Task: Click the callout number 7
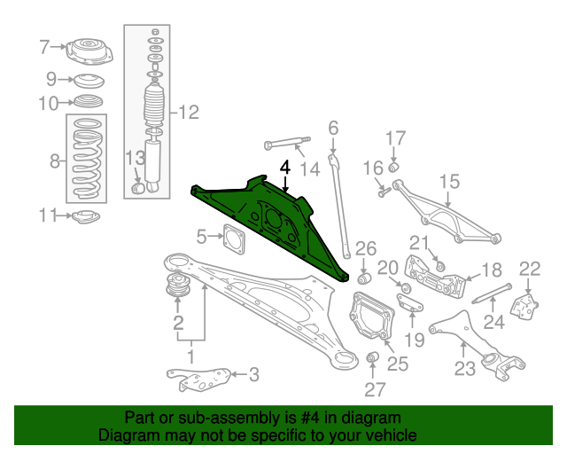[x=44, y=47]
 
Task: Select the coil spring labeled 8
[x=87, y=160]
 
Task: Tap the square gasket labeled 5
[x=234, y=239]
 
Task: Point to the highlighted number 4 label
[x=285, y=168]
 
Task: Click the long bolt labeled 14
[x=287, y=144]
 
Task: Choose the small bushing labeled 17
[x=393, y=168]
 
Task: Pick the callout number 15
[x=449, y=182]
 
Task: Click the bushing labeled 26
[x=364, y=278]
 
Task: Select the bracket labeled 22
[x=524, y=307]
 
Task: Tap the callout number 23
[x=465, y=369]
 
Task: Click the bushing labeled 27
[x=372, y=356]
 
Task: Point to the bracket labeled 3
[x=199, y=380]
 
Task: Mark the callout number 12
[x=189, y=113]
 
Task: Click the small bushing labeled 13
[x=137, y=189]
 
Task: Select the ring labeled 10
[x=89, y=101]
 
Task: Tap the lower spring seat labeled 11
[x=86, y=217]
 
